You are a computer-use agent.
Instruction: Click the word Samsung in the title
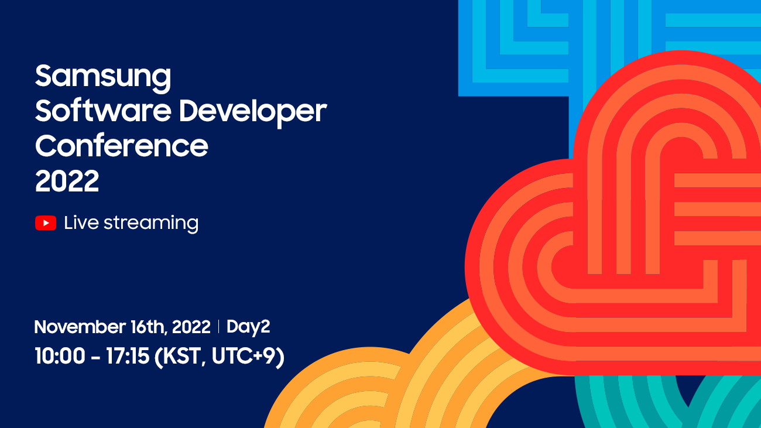[103, 78]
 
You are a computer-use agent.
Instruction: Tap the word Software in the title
[103, 111]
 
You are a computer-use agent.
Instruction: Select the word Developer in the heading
[253, 113]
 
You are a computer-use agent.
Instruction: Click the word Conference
[121, 145]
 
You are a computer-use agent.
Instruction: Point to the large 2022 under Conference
[67, 181]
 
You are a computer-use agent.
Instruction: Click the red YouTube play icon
[46, 223]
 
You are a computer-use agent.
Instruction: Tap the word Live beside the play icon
[81, 222]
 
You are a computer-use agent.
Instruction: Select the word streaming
[151, 224]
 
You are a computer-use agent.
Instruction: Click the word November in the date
[80, 327]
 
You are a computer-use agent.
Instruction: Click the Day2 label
[248, 327]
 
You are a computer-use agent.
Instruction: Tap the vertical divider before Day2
[218, 327]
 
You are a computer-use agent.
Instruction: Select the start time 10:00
[60, 356]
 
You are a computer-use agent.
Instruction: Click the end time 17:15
[128, 356]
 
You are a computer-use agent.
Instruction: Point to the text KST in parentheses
[180, 357]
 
